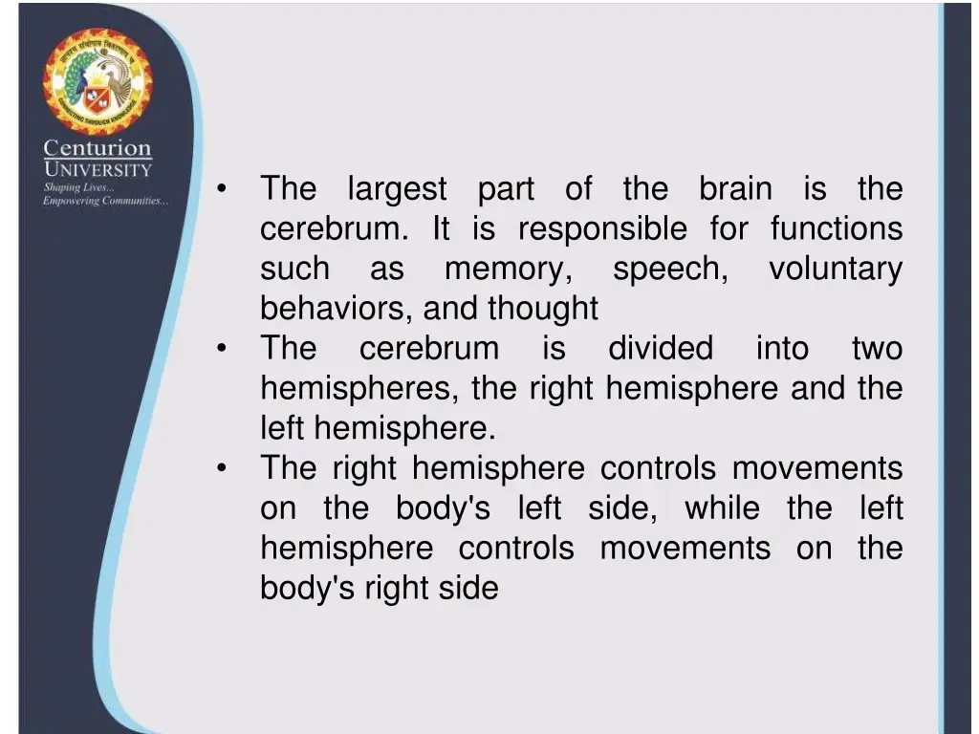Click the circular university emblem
(97, 83)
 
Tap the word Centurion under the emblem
(97, 149)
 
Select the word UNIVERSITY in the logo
(97, 170)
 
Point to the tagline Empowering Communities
(105, 201)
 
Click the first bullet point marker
(221, 189)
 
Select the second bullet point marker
(221, 349)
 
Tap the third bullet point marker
(221, 468)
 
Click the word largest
(397, 189)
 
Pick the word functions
(836, 229)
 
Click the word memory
(509, 270)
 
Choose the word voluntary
(835, 270)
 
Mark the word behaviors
(337, 309)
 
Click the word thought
(543, 309)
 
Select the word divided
(661, 349)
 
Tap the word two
(877, 349)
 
